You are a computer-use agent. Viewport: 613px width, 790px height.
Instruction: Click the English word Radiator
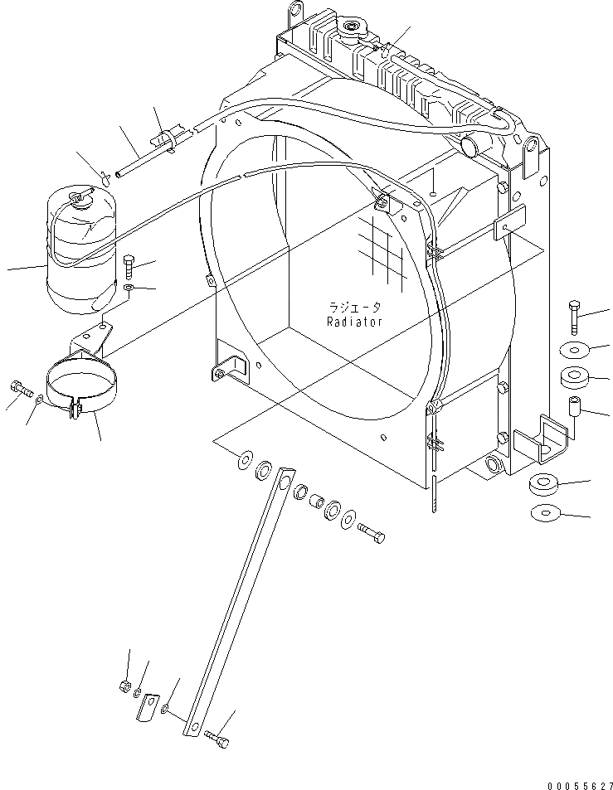(354, 322)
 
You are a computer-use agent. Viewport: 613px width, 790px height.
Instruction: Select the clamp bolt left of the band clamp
(21, 386)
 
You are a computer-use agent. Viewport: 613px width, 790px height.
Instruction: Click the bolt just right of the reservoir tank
(128, 267)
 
